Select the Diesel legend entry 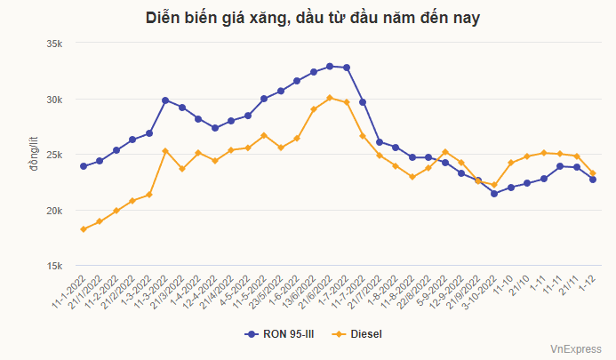(x=365, y=334)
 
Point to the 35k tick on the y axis (x=53, y=44)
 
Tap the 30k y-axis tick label (x=53, y=100)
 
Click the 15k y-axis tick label (x=53, y=266)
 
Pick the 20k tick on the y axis (x=53, y=211)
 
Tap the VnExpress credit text (x=575, y=350)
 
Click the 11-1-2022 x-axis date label (x=69, y=292)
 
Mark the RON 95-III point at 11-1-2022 (x=84, y=166)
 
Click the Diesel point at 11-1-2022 (x=84, y=229)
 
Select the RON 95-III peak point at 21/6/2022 (x=330, y=66)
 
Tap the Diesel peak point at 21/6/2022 (x=330, y=98)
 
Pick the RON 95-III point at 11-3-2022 (x=165, y=100)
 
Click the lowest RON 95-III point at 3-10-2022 (x=494, y=193)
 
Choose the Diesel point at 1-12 (x=593, y=173)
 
